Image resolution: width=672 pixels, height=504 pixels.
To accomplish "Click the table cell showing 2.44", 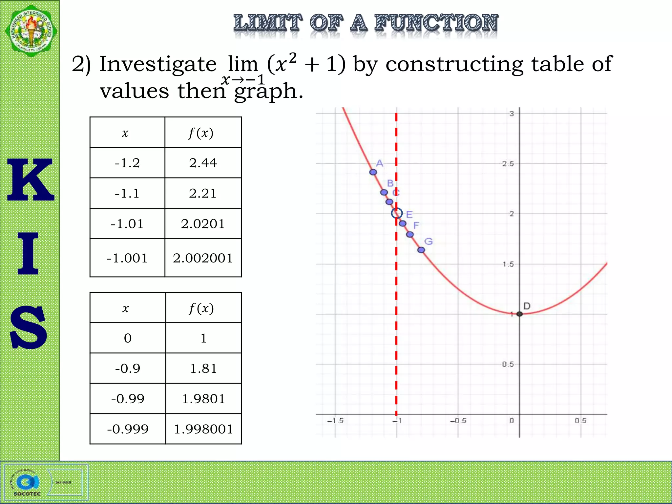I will click(x=203, y=163).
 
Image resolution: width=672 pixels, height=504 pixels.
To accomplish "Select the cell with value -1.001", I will click(x=127, y=258).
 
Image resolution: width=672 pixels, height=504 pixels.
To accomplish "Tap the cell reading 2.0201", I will click(x=203, y=224).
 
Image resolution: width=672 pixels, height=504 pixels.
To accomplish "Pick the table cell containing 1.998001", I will click(x=203, y=429).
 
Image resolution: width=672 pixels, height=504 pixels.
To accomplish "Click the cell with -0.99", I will click(x=128, y=399).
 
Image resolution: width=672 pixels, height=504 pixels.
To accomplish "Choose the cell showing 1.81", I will click(x=203, y=368).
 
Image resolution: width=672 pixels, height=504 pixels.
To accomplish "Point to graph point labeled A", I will click(x=373, y=172).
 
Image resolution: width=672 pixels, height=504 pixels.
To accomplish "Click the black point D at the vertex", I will click(x=519, y=314).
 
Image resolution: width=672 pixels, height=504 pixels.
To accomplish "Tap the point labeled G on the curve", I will click(x=421, y=250).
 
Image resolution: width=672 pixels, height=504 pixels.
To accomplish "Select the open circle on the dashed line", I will click(x=397, y=213).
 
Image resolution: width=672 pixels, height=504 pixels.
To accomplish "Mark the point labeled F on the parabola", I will click(x=410, y=234).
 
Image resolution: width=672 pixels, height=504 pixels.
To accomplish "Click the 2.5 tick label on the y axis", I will click(x=508, y=163).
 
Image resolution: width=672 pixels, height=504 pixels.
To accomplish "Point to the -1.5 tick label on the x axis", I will click(x=335, y=421).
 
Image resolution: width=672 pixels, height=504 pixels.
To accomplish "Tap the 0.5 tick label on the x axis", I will click(x=580, y=421).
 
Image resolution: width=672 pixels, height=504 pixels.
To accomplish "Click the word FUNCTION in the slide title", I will click(x=436, y=23).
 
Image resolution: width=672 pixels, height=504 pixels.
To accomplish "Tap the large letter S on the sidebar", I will click(x=29, y=327).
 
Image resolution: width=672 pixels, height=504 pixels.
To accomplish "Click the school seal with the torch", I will click(x=31, y=31).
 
